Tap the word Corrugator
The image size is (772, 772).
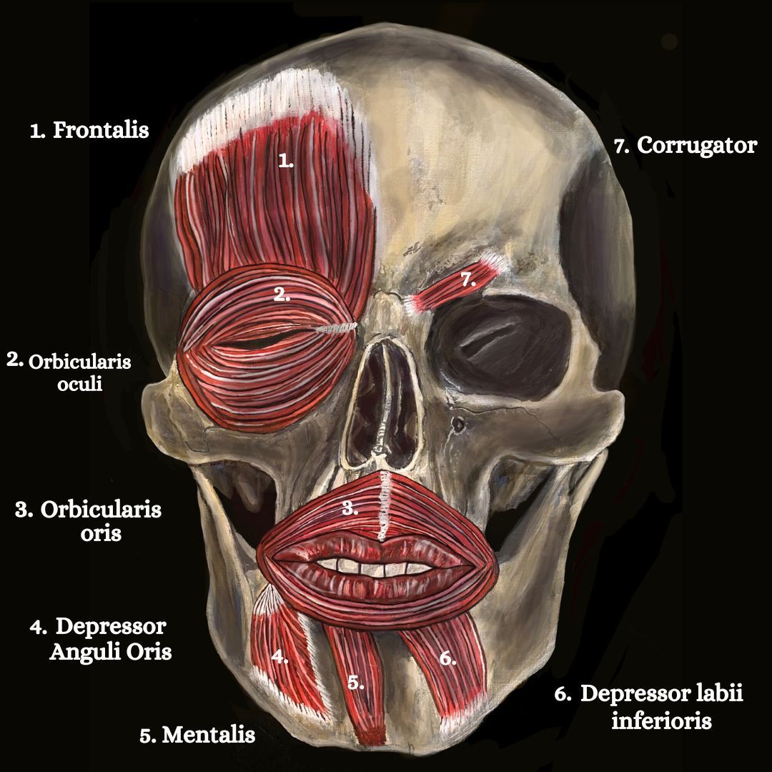tap(696, 146)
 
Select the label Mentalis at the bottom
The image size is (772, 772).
tap(208, 735)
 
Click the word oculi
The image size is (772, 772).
tap(79, 384)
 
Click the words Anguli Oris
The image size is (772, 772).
tap(110, 652)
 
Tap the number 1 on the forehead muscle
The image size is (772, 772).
tap(286, 162)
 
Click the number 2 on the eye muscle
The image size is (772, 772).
tap(282, 294)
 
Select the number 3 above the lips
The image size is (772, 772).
tap(349, 508)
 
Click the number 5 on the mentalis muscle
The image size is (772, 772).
tap(356, 682)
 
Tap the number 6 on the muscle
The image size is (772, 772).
tap(447, 659)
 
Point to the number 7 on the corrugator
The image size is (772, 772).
tap(467, 280)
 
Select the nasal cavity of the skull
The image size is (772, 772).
tap(379, 400)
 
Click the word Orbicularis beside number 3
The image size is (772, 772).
tap(101, 510)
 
